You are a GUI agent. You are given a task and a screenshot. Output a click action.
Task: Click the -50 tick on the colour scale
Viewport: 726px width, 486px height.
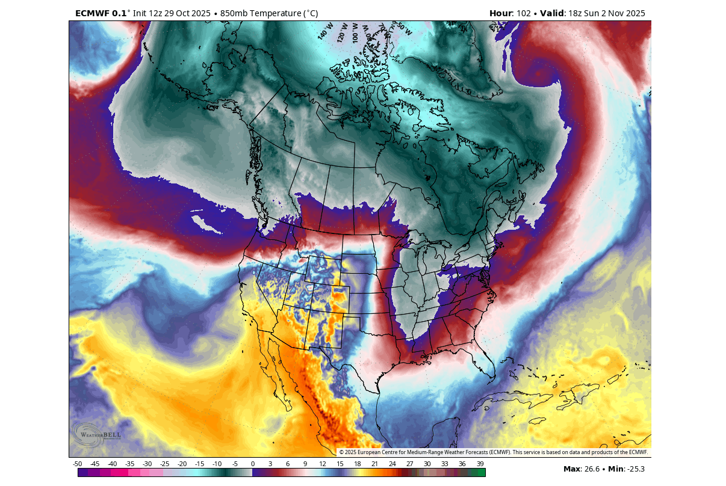[78, 464]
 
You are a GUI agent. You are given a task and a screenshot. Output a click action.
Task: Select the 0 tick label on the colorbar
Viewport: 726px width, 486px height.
[252, 464]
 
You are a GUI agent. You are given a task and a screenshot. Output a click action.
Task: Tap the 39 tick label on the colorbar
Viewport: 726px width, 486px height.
[479, 464]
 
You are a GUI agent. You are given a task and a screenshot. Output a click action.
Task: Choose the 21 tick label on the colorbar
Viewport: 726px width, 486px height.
[374, 464]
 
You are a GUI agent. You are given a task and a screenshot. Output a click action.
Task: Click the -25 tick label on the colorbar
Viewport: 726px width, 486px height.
[165, 464]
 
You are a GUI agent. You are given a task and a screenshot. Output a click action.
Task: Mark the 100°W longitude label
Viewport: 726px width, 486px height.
[355, 33]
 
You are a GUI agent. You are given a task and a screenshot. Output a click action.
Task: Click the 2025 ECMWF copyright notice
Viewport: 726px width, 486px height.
[493, 452]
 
